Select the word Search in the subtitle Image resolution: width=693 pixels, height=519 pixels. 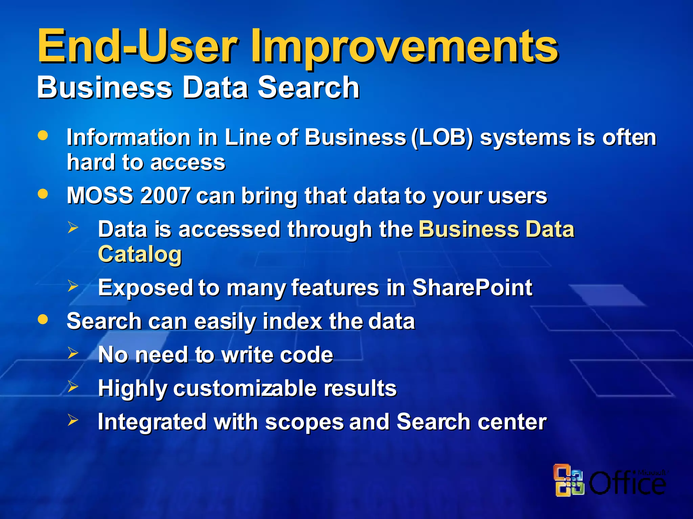[x=308, y=88]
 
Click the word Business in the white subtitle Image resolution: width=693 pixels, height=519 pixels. [x=105, y=88]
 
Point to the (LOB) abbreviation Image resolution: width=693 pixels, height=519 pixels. [x=442, y=138]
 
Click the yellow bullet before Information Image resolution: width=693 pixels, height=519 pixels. [x=43, y=135]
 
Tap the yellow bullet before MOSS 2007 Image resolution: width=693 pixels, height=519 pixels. [x=43, y=194]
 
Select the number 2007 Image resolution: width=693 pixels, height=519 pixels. [x=165, y=196]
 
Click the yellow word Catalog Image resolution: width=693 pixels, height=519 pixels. [x=140, y=254]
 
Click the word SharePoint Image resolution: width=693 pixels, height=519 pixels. [x=472, y=288]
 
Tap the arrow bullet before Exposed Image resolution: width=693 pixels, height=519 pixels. [x=73, y=286]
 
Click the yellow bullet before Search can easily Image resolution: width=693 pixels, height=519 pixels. [x=43, y=319]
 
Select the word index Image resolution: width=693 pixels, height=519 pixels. [x=292, y=321]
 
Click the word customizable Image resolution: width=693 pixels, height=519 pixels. [x=246, y=388]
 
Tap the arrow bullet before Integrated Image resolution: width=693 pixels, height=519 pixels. [x=73, y=420]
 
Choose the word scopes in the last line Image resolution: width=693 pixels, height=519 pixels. [x=304, y=422]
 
